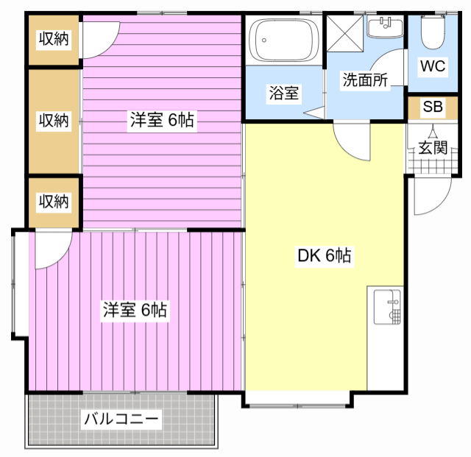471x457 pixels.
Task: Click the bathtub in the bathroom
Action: [x=284, y=40]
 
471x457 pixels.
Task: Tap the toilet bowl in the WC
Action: [x=433, y=32]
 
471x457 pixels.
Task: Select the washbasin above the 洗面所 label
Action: [x=385, y=28]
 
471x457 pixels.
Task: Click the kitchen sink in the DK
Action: [x=387, y=307]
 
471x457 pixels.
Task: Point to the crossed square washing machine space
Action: [x=345, y=34]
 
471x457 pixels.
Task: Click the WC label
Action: [x=433, y=66]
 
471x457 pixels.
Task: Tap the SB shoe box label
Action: [x=433, y=107]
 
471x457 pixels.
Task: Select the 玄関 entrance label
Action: [x=433, y=147]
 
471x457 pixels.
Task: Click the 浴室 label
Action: [x=284, y=93]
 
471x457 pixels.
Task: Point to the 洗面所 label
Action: [x=365, y=79]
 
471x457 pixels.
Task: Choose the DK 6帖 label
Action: [x=324, y=255]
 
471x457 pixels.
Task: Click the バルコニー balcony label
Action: [x=121, y=419]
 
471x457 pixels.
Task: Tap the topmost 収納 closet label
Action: [x=54, y=38]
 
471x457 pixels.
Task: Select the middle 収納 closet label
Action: [x=54, y=120]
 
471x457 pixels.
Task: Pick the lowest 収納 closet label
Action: [x=54, y=202]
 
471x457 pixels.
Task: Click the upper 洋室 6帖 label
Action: [x=162, y=119]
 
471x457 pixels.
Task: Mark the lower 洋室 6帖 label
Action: [x=135, y=310]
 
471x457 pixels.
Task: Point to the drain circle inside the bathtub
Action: [x=264, y=40]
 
